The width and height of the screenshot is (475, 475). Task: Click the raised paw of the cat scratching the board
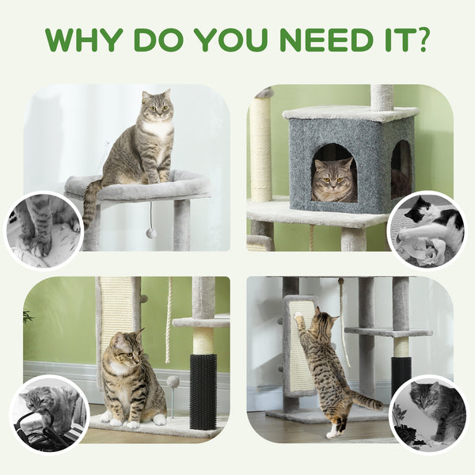(x=300, y=318)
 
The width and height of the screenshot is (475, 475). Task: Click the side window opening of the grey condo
(x=401, y=168)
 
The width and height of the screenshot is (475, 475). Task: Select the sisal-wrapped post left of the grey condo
(x=260, y=150)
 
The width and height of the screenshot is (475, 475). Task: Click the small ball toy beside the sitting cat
(x=173, y=383)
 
